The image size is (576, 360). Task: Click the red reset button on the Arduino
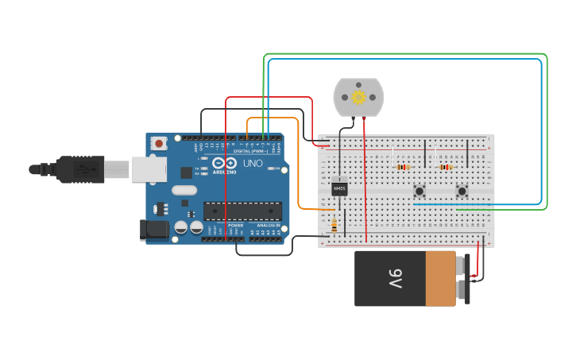(x=159, y=144)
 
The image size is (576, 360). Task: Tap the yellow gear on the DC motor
(x=358, y=97)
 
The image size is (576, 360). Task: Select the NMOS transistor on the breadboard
(x=339, y=188)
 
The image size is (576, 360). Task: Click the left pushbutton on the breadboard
(x=419, y=191)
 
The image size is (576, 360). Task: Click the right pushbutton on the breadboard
(x=462, y=191)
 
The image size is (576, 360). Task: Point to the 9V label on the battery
(x=395, y=279)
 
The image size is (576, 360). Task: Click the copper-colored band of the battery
(x=440, y=278)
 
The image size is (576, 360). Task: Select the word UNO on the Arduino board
(x=253, y=164)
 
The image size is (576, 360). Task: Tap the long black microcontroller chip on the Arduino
(x=242, y=211)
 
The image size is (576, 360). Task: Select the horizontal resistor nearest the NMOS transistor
(x=402, y=167)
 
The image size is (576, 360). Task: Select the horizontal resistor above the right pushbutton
(x=445, y=167)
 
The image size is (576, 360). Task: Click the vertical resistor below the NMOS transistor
(x=334, y=226)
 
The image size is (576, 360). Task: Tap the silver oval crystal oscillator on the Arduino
(x=183, y=190)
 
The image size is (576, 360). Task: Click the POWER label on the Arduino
(x=236, y=226)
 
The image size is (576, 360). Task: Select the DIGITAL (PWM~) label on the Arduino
(x=253, y=150)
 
